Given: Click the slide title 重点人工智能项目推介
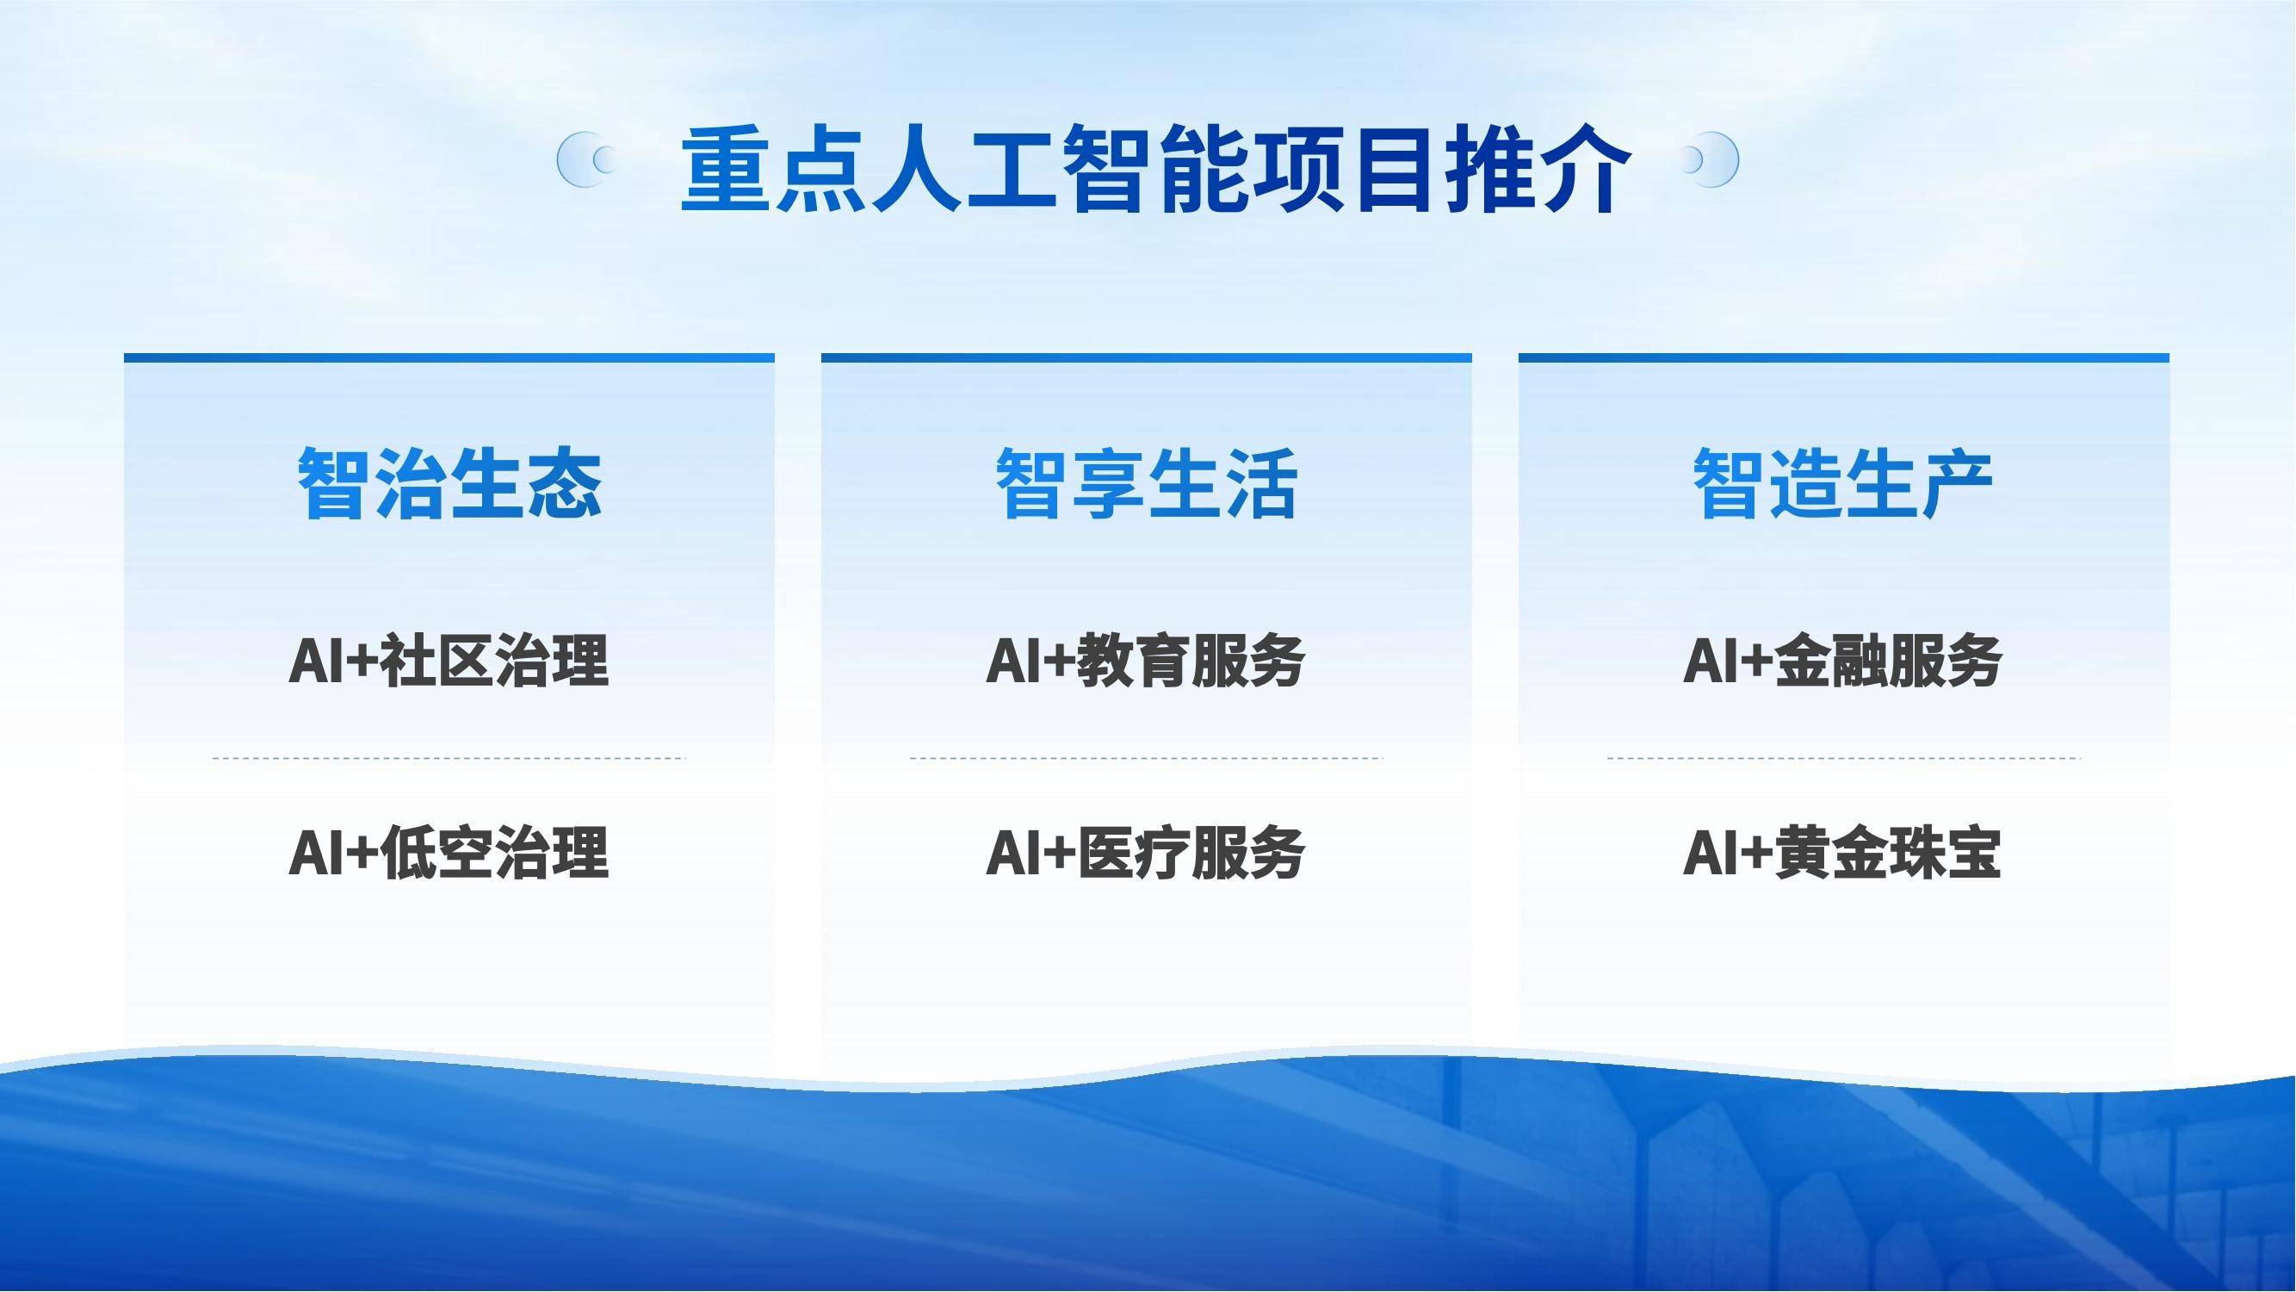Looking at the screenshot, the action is coord(1156,170).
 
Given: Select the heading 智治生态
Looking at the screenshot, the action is coord(449,483).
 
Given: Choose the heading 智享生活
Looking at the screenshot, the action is coord(1146,483).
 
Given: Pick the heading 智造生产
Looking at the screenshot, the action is coord(1843,483).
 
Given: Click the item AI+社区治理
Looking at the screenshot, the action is coord(449,661).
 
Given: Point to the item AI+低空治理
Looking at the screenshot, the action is coord(449,853).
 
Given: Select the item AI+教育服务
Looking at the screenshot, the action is coord(1146,661).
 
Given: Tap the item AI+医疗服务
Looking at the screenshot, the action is coord(1146,853).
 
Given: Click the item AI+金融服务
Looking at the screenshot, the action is coord(1843,661).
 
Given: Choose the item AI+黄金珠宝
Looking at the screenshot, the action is coord(1843,853).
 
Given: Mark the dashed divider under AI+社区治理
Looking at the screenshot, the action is coord(449,759).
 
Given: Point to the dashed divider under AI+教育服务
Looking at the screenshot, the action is coord(1146,759).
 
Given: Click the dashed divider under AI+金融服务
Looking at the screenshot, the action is coord(1843,759).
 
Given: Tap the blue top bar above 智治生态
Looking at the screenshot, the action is coord(449,358).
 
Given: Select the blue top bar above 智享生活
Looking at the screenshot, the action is coord(1146,358).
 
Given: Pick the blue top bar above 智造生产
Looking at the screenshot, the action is coord(1843,358).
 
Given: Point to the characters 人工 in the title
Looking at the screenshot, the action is coord(964,170).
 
